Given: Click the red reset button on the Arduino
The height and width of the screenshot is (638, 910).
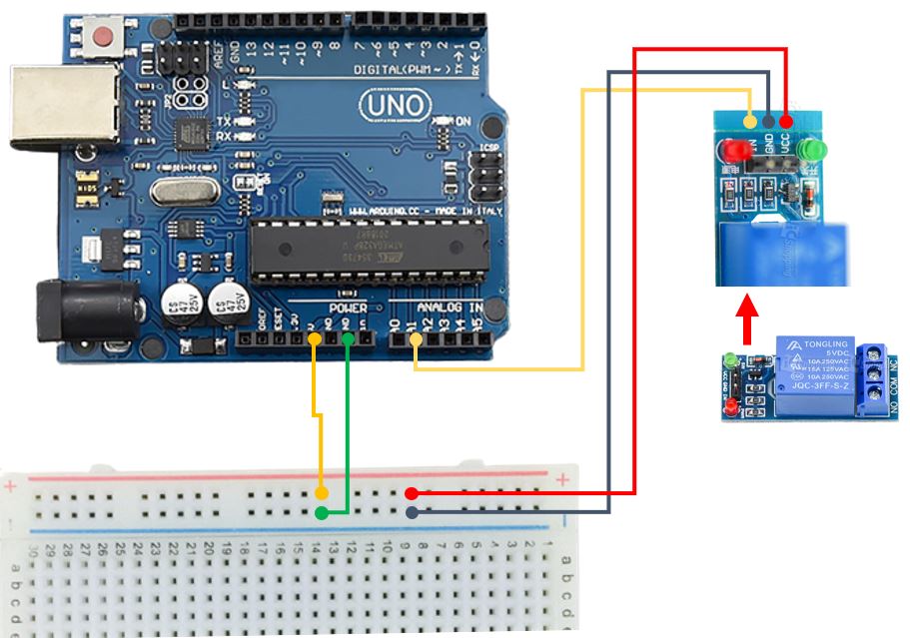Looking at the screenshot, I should coord(102,39).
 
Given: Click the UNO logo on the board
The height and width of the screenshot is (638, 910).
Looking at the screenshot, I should coord(397,105).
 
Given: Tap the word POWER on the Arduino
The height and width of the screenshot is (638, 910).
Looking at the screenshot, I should coord(348,309).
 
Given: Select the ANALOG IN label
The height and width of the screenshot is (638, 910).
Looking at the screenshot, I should coord(450,309).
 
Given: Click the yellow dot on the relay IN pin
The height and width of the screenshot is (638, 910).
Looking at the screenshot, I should coord(751,121).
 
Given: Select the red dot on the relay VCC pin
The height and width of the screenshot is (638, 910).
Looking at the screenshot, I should coord(785,121).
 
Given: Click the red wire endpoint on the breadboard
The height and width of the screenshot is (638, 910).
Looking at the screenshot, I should coord(412,493).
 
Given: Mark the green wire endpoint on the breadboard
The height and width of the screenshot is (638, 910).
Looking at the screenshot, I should coord(321,513).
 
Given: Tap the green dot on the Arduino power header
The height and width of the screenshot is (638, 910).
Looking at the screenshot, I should coord(347,340).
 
